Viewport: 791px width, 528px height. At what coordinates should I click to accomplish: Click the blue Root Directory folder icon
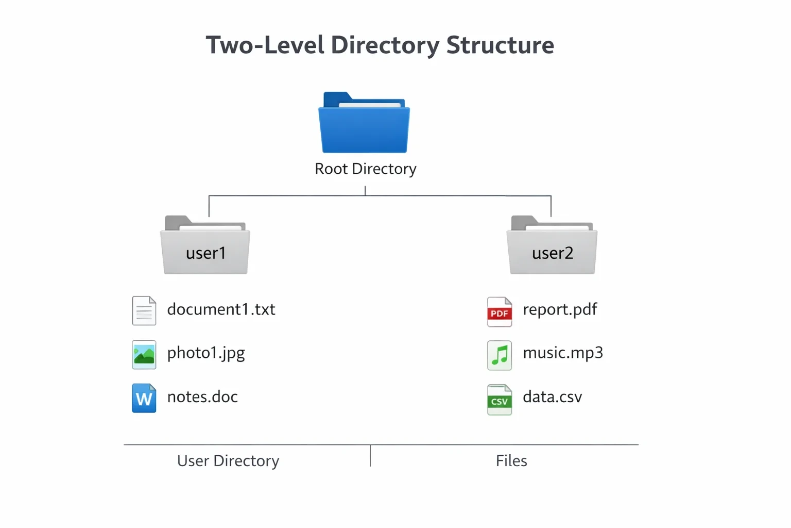point(364,122)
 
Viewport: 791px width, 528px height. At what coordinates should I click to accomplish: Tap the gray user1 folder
point(205,245)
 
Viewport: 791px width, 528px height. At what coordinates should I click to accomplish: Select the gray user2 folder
point(552,245)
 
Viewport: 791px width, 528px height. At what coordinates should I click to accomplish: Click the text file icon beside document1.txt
point(144,310)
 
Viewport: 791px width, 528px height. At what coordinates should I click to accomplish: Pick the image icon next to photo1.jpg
point(144,355)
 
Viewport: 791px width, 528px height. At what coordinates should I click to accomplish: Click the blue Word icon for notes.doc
point(144,398)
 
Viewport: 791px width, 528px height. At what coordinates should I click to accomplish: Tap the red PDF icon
point(500,312)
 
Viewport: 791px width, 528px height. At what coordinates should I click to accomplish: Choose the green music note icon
point(500,355)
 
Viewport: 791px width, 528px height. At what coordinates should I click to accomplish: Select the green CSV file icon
point(500,400)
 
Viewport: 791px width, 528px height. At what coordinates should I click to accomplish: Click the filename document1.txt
point(221,309)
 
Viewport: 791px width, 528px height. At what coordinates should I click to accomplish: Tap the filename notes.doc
point(202,397)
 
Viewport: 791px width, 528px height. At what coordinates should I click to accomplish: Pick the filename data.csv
point(552,397)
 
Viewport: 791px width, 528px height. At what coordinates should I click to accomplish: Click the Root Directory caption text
point(366,169)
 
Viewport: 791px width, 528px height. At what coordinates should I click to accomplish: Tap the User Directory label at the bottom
point(228,461)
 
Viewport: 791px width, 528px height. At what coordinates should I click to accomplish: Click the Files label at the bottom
point(511,461)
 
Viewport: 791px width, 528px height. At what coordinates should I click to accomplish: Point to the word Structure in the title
point(500,45)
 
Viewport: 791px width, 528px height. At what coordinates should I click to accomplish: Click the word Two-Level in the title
point(265,45)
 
